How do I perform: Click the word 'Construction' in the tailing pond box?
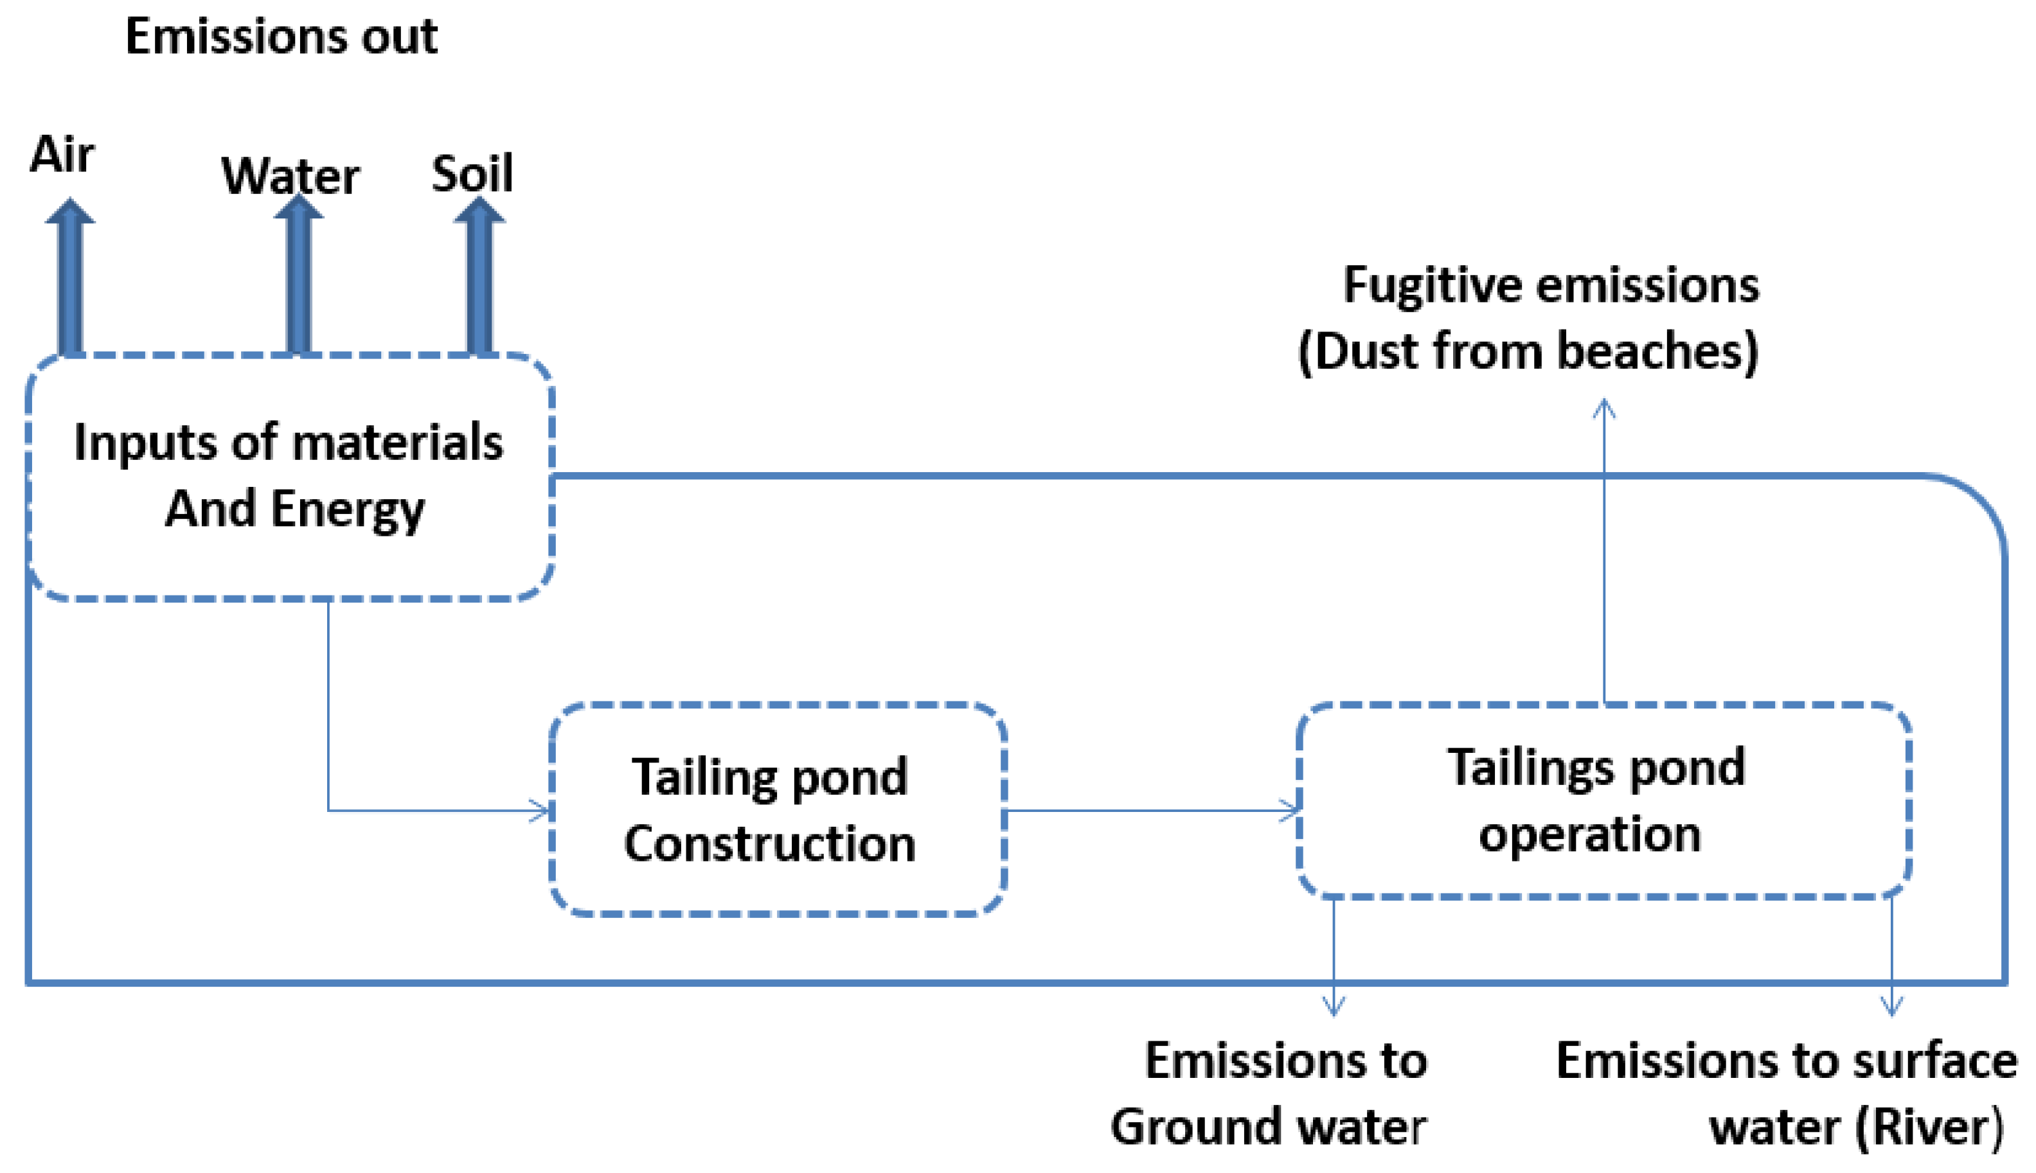(x=770, y=844)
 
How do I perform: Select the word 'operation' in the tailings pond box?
(x=1589, y=834)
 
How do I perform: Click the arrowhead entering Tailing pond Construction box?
(x=541, y=811)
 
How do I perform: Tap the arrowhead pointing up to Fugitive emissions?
(x=1604, y=409)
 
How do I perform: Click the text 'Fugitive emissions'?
(x=1551, y=285)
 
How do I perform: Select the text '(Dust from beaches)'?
(x=1528, y=352)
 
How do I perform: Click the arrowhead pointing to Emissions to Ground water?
(x=1334, y=1005)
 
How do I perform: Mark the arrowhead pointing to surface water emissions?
(x=1892, y=1005)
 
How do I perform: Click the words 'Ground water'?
(x=1268, y=1126)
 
